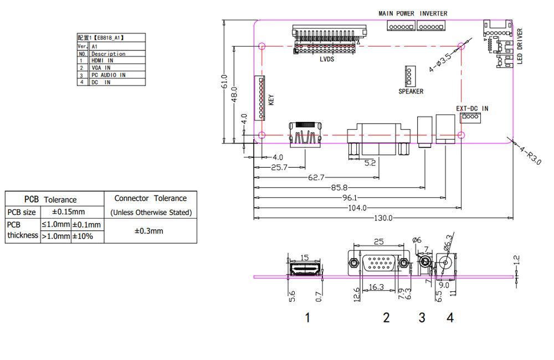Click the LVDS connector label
(x=327, y=59)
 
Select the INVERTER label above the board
(x=433, y=13)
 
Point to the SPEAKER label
(x=411, y=91)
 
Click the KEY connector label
(x=271, y=100)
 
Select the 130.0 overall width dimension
(x=382, y=218)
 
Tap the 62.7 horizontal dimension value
(x=316, y=177)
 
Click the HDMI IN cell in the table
(x=102, y=60)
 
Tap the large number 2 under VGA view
(x=386, y=317)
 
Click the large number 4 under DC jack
(x=450, y=317)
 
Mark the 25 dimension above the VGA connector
(x=379, y=241)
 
